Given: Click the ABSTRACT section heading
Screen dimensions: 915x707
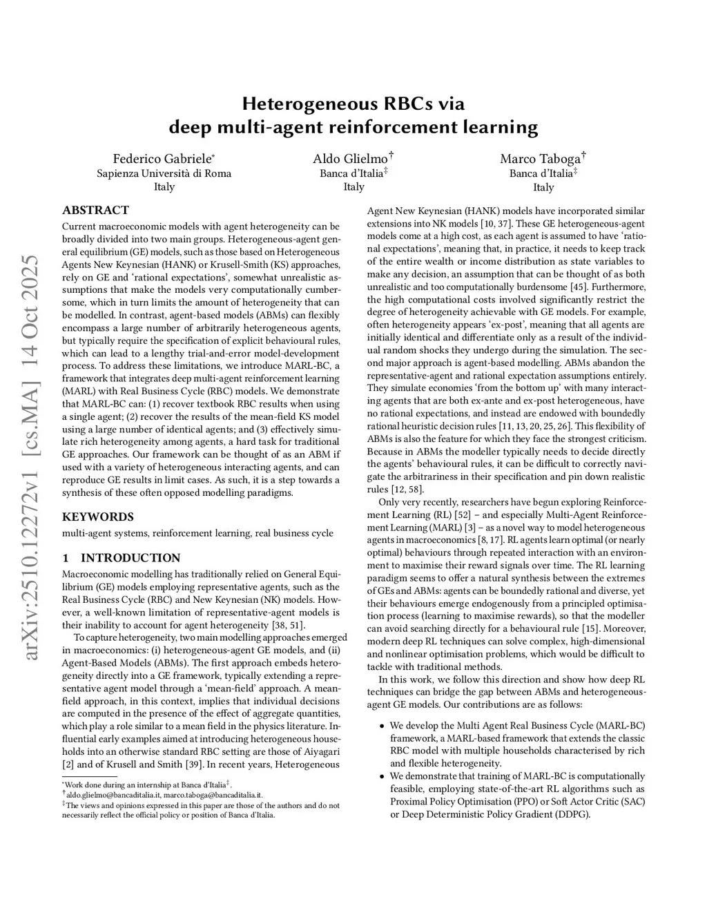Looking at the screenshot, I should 95,210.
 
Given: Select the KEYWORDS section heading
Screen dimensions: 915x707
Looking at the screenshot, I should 97,517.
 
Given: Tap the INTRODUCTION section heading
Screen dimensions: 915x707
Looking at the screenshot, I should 130,558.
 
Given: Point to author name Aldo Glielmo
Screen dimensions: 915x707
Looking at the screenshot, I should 351,158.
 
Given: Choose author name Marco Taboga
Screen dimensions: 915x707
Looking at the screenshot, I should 541,158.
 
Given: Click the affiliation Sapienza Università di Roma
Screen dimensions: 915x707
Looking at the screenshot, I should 164,173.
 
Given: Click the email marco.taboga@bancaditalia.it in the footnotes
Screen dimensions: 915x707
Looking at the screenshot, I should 213,796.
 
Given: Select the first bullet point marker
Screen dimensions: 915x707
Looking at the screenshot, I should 382,726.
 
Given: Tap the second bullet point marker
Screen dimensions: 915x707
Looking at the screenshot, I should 382,777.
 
